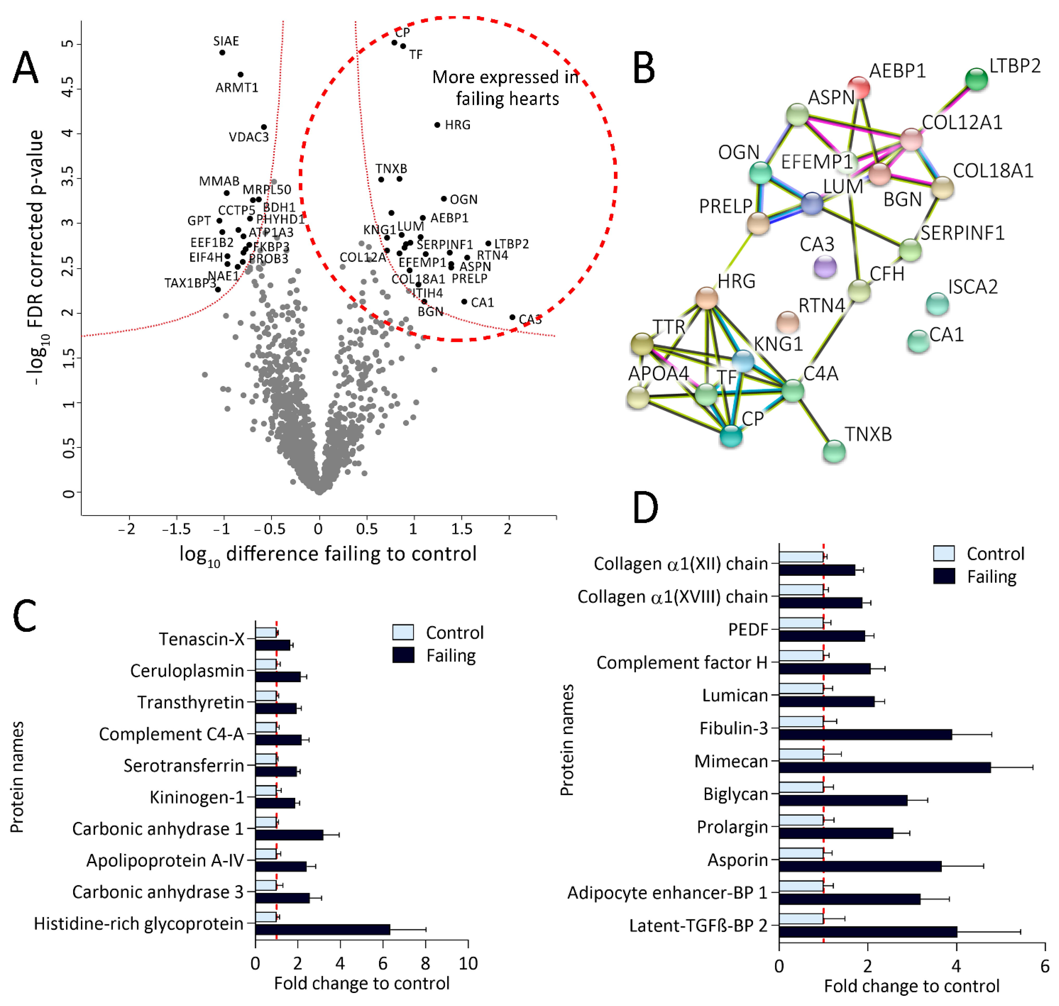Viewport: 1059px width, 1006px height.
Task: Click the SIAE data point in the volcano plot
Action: point(222,53)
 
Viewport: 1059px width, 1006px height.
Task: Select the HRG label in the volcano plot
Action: point(458,125)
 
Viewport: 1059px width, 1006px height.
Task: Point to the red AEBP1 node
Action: point(858,87)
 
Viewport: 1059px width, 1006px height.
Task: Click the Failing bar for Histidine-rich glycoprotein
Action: point(323,929)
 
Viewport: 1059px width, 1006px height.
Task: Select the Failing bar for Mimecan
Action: point(884,767)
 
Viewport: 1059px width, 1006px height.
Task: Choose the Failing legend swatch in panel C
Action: point(403,655)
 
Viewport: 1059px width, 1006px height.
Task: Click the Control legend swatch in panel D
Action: point(944,553)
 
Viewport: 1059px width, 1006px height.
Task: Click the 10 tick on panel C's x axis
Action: point(468,964)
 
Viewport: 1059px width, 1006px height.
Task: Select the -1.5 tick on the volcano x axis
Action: point(176,529)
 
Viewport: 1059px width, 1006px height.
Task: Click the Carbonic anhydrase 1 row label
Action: point(158,829)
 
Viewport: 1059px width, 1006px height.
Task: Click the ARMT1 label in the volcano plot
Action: point(237,87)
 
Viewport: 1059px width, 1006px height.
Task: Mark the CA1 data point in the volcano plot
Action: point(464,302)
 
